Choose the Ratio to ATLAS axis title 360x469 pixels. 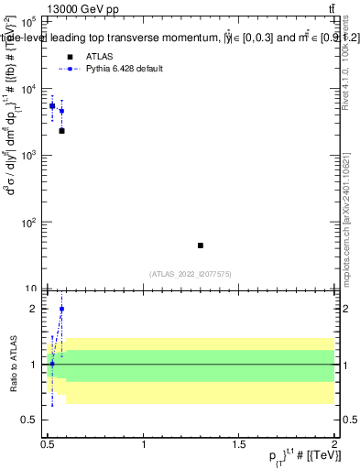click(x=12, y=365)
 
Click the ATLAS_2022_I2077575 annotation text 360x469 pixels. click(x=191, y=274)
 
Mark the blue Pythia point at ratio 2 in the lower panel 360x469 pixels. click(x=61, y=309)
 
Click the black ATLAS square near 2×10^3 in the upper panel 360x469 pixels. click(x=61, y=131)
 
